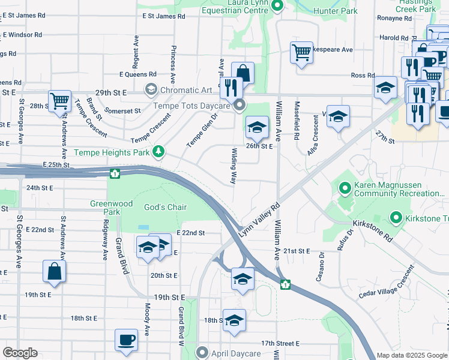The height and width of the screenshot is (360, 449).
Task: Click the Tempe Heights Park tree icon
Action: coord(158,152)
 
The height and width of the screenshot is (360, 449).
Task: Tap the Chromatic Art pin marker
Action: coord(151,90)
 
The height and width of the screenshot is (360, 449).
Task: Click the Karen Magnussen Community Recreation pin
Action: coord(345,190)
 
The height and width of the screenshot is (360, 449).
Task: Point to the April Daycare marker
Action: coord(203,353)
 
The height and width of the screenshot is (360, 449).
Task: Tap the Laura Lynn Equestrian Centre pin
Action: coord(277,7)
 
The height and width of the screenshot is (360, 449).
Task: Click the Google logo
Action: coord(20,352)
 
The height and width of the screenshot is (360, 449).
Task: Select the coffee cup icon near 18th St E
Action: coord(126,340)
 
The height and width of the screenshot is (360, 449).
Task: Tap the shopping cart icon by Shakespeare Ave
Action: coord(301,52)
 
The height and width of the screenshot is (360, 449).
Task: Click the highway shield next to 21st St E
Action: coord(286,283)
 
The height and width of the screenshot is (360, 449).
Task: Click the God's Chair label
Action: coord(166,208)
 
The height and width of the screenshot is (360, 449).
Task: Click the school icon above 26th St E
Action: coord(257,127)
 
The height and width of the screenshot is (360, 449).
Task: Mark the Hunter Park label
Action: coord(335,11)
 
